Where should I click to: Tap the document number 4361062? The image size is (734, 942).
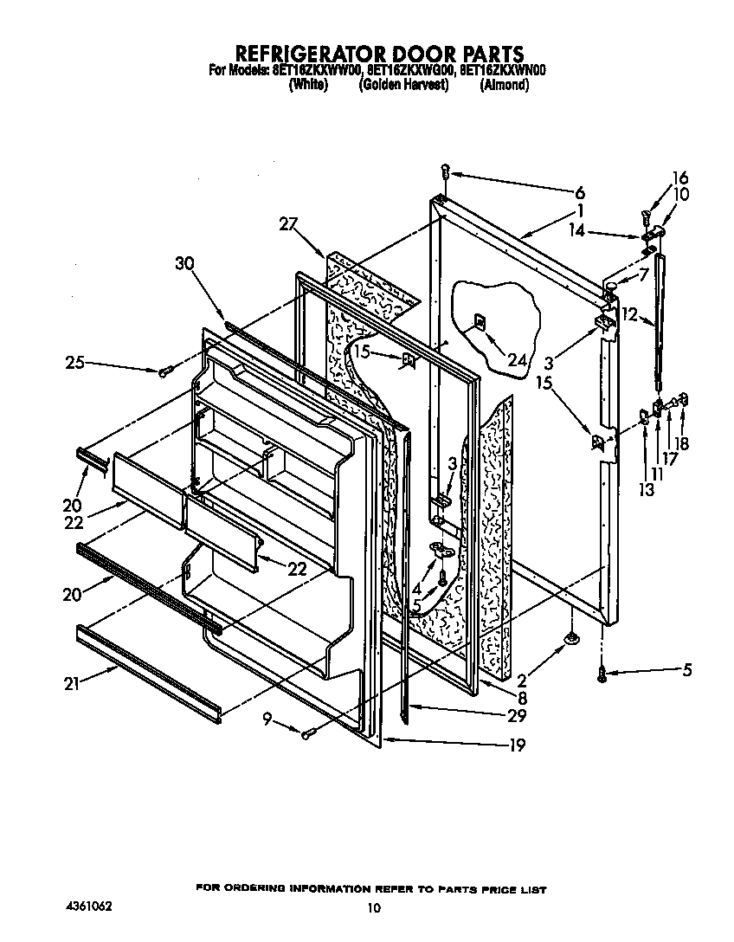[89, 906]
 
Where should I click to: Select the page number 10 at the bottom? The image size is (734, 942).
[373, 908]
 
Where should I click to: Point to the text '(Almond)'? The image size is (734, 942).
[504, 85]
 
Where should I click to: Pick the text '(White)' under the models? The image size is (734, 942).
[308, 85]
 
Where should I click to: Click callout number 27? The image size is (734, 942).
[287, 224]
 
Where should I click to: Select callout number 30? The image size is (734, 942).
[184, 265]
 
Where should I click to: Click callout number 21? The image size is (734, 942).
[72, 683]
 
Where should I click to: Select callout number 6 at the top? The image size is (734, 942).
[579, 192]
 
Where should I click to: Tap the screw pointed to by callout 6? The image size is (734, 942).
[444, 173]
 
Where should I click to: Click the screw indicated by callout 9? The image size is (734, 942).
[306, 734]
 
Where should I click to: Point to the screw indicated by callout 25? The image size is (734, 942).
[164, 371]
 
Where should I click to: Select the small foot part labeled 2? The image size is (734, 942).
[570, 639]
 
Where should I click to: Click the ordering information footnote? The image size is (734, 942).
[371, 888]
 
